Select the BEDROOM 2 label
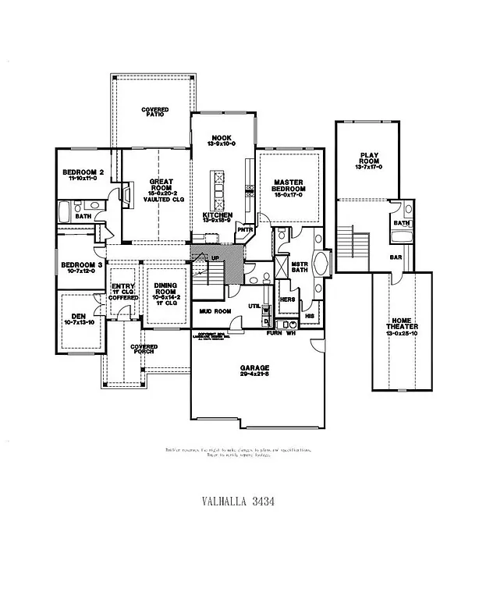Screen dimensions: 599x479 [x=84, y=175]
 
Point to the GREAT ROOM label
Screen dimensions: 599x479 [x=161, y=186]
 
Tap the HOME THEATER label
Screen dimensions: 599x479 [x=400, y=325]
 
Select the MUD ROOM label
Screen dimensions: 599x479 [x=215, y=311]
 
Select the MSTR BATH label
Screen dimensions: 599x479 [x=300, y=267]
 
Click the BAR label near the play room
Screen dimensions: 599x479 [x=396, y=257]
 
